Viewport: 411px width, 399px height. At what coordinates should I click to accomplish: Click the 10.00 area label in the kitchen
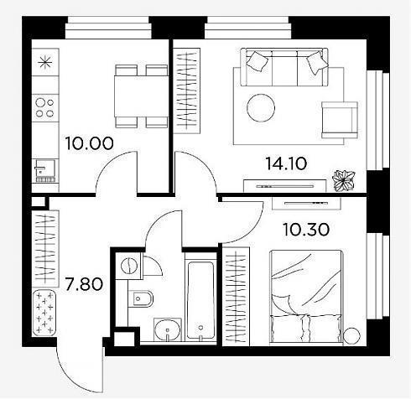click(x=89, y=143)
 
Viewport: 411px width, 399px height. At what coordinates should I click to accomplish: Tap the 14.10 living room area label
click(x=286, y=163)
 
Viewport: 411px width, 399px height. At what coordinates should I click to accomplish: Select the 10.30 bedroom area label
click(x=306, y=230)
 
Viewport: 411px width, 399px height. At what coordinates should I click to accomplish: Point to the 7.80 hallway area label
click(x=84, y=284)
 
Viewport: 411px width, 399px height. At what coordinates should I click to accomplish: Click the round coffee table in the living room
click(x=261, y=107)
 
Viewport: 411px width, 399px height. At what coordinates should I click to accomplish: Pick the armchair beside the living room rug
click(x=340, y=120)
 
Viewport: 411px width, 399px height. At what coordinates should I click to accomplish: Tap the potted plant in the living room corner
click(x=343, y=180)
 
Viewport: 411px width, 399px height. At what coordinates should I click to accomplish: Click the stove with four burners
click(x=45, y=108)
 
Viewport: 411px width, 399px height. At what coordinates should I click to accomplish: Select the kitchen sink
click(x=45, y=170)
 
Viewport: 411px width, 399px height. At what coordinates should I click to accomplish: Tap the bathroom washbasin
click(x=168, y=330)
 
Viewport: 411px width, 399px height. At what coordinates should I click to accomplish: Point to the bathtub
click(x=200, y=300)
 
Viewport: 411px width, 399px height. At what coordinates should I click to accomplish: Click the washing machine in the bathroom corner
click(x=129, y=266)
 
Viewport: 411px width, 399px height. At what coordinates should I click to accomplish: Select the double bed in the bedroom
click(x=306, y=296)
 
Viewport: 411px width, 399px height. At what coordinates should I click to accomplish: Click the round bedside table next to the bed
click(x=351, y=336)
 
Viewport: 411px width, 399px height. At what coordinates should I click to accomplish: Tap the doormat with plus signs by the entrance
click(x=44, y=313)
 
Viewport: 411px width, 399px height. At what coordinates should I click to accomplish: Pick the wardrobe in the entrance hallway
click(x=45, y=249)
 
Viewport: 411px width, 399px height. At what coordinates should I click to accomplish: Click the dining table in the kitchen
click(x=141, y=96)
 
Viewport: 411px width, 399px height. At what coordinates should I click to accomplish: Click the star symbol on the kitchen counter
click(x=45, y=62)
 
